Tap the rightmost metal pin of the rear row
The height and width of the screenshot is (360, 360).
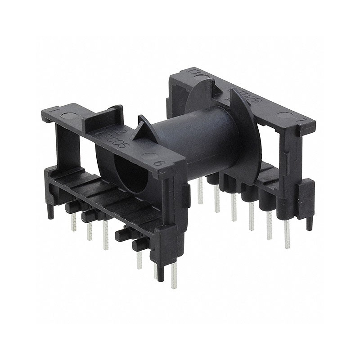pos(287,234)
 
